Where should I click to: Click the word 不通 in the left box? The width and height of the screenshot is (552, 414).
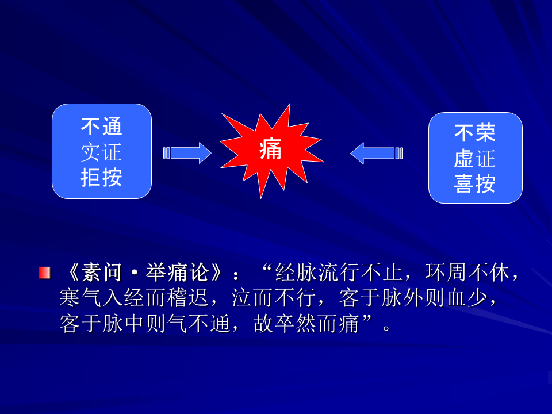pyautogui.click(x=101, y=126)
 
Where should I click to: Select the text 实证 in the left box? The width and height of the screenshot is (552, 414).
pyautogui.click(x=101, y=152)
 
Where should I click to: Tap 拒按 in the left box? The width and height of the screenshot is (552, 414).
pyautogui.click(x=101, y=178)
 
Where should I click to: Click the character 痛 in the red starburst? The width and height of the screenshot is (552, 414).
pyautogui.click(x=270, y=149)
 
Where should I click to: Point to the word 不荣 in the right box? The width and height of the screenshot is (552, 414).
pyautogui.click(x=475, y=133)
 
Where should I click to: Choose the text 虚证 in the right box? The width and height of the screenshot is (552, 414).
pyautogui.click(x=475, y=159)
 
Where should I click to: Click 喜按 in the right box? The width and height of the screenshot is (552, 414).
pyautogui.click(x=475, y=184)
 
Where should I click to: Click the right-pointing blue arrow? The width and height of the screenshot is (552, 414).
pyautogui.click(x=187, y=153)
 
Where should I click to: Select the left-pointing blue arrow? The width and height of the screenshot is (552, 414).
pyautogui.click(x=376, y=153)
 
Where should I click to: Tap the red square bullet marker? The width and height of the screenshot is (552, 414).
pyautogui.click(x=45, y=273)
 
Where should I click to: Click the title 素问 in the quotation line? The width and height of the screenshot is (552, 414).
pyautogui.click(x=102, y=273)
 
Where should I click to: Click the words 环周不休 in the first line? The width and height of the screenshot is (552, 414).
pyautogui.click(x=467, y=273)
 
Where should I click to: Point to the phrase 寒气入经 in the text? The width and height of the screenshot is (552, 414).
pyautogui.click(x=102, y=298)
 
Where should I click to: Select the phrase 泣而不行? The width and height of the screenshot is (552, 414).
pyautogui.click(x=274, y=298)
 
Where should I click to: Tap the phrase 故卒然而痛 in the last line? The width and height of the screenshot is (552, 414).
pyautogui.click(x=306, y=323)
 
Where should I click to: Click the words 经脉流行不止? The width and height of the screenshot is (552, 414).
pyautogui.click(x=338, y=273)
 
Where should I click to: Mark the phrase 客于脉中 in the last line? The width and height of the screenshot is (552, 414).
pyautogui.click(x=102, y=323)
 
